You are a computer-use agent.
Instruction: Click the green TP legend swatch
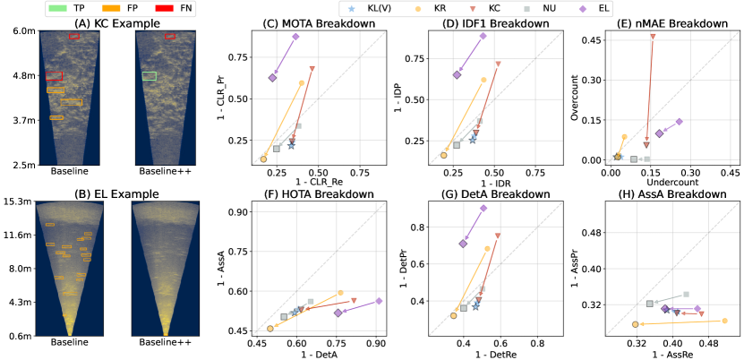56,6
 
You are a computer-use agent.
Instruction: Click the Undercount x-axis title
659,182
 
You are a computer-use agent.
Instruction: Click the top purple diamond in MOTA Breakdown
295,37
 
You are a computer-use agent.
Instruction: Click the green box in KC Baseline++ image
149,76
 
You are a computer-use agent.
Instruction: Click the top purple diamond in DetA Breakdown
483,208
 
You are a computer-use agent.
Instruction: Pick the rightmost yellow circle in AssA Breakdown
724,321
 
